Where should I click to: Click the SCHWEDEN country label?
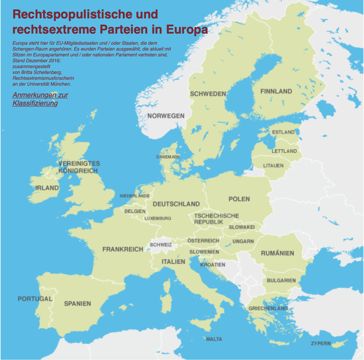coord(208,94)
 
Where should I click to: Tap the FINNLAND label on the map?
coord(276,91)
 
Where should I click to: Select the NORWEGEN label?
coord(166,116)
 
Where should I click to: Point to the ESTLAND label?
coord(283,132)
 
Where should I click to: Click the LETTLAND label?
coord(284,151)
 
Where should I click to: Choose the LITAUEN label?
coord(273,166)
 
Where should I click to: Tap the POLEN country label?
coord(239,199)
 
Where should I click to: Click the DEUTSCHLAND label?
coord(176,204)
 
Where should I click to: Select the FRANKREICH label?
coord(123,249)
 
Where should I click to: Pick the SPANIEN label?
coord(78,304)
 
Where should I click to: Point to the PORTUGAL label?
coord(35,299)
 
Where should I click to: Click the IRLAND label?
coord(47,188)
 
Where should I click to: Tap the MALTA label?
coord(214,339)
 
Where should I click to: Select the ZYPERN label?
coord(321,343)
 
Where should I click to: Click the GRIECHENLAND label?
coord(268,308)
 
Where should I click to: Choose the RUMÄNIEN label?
coord(277,253)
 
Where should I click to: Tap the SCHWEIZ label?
coord(161,245)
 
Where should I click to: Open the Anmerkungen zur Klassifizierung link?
coord(40,99)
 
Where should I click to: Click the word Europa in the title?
coord(187,30)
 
